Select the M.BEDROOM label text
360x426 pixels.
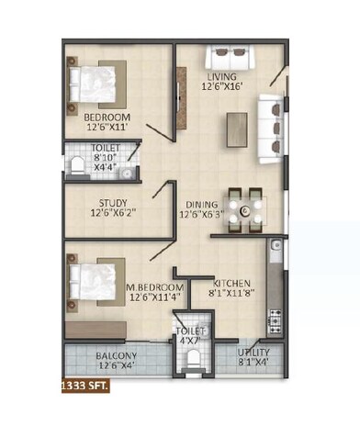[152, 286]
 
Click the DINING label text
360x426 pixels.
[202, 205]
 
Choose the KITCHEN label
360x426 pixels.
[229, 282]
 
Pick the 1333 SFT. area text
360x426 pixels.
[85, 387]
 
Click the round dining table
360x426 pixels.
[245, 211]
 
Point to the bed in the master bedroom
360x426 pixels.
[96, 280]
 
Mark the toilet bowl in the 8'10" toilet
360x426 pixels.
[76, 166]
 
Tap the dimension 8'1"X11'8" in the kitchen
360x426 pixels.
[233, 295]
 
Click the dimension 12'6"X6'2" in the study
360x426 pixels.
[115, 215]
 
